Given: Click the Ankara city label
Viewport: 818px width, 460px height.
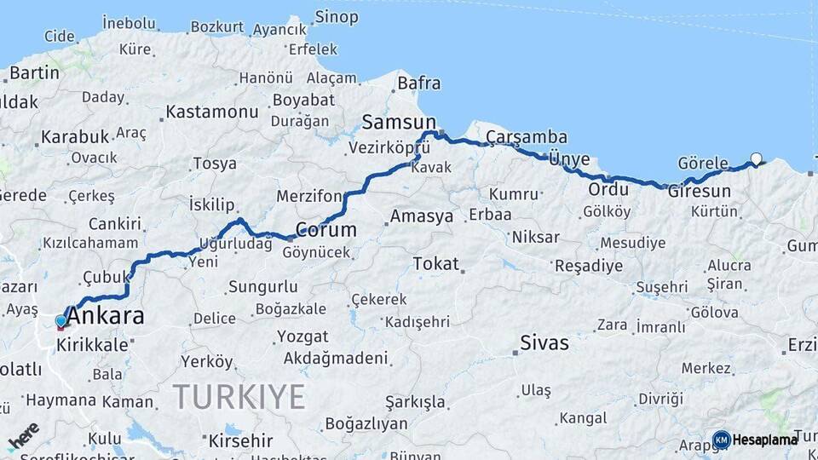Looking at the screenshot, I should click(106, 317).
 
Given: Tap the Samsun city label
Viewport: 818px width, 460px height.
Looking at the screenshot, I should click(398, 122).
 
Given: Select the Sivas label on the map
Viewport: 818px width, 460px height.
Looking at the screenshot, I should click(545, 343).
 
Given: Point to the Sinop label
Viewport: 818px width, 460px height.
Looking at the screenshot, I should click(337, 17).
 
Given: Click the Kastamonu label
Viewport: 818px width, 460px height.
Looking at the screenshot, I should click(211, 112).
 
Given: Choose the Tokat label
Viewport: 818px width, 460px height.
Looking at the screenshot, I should click(435, 264).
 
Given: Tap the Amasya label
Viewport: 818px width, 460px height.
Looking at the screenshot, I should click(422, 216).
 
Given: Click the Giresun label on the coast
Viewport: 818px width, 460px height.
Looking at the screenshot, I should click(700, 191).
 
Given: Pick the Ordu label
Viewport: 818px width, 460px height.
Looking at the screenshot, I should click(608, 189).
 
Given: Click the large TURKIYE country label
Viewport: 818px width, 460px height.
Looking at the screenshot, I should click(239, 397).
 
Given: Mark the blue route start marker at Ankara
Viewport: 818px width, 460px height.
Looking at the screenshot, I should click(60, 321).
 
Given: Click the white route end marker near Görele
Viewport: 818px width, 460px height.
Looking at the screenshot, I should click(756, 158).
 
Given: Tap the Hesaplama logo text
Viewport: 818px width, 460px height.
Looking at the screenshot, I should click(764, 440).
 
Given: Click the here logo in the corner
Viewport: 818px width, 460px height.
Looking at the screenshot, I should click(24, 435).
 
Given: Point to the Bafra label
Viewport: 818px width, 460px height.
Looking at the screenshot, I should click(418, 83).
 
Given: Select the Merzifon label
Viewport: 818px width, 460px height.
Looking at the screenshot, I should click(308, 197).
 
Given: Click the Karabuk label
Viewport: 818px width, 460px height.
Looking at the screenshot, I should click(75, 136).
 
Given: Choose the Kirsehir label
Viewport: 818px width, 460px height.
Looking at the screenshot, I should click(240, 440).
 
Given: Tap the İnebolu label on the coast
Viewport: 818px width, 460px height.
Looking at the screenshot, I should click(130, 23).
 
